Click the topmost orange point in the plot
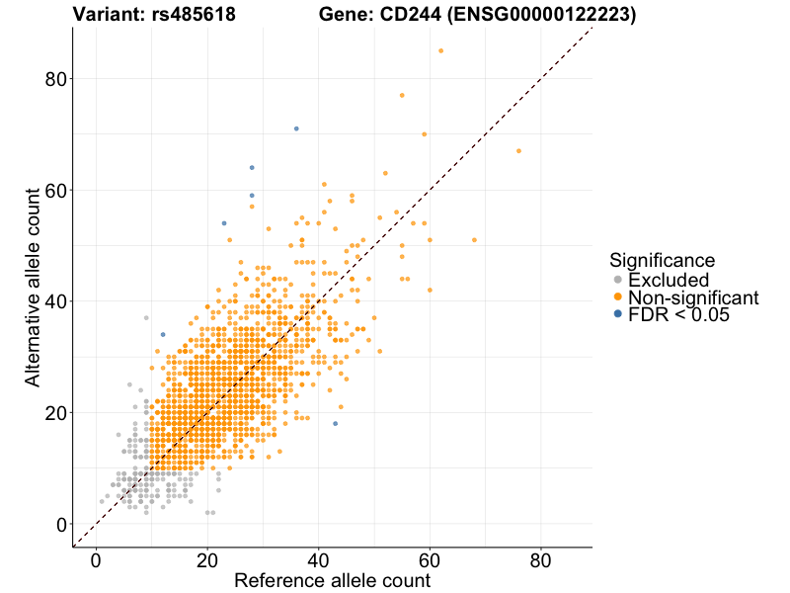click(x=440, y=50)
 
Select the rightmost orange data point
click(x=518, y=151)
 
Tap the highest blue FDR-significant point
click(x=296, y=128)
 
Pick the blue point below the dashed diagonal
click(x=335, y=423)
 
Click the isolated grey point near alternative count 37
click(x=146, y=317)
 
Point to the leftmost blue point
click(x=163, y=334)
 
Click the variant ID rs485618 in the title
click(x=195, y=15)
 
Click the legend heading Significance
click(x=662, y=260)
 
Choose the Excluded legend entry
click(x=669, y=280)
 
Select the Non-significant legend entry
click(x=692, y=296)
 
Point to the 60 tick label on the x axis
click(x=430, y=560)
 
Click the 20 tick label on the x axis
click(x=207, y=560)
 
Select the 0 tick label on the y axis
click(x=62, y=524)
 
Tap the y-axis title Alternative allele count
click(x=33, y=289)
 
